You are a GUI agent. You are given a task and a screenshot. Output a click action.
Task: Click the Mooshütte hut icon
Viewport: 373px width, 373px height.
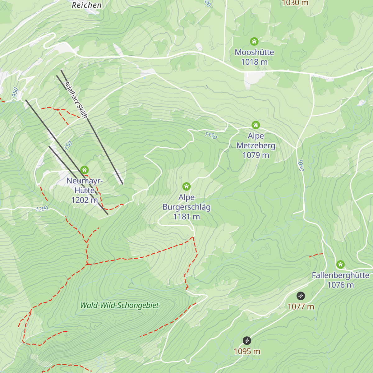click(254, 41)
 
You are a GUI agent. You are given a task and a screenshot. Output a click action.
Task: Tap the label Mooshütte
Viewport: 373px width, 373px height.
click(254, 52)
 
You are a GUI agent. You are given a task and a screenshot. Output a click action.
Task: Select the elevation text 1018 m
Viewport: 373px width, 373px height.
click(254, 62)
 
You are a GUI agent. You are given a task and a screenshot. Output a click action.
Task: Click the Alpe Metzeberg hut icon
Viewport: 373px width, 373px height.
click(256, 125)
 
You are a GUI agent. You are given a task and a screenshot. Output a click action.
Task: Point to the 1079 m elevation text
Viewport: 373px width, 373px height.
click(256, 155)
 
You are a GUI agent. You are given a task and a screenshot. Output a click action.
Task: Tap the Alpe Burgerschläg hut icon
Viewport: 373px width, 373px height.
click(186, 186)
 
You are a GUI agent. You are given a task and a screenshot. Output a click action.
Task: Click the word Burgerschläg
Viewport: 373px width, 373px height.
click(186, 207)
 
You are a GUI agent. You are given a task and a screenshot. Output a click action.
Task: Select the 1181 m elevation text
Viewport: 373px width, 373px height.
click(186, 217)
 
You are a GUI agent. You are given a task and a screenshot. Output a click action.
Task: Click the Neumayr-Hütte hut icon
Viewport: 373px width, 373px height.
click(84, 170)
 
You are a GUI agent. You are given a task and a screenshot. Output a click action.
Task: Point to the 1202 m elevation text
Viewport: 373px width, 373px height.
click(84, 200)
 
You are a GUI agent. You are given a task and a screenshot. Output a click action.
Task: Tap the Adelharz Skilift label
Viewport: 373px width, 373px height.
click(76, 100)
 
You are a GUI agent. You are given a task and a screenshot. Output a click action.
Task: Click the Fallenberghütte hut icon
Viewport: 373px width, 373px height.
click(340, 265)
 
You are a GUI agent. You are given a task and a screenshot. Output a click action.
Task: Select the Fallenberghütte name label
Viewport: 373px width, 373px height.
click(340, 275)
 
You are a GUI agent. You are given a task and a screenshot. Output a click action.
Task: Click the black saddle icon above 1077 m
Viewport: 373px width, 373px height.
click(301, 296)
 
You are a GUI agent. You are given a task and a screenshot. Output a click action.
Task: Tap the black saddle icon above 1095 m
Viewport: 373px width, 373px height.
click(247, 341)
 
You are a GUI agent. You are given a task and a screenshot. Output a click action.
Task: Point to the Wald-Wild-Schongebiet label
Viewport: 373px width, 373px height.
click(119, 306)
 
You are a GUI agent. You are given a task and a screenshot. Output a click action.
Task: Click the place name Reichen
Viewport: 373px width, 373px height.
click(87, 5)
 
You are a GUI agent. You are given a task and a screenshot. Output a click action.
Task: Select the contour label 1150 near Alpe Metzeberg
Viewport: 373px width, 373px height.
click(211, 136)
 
